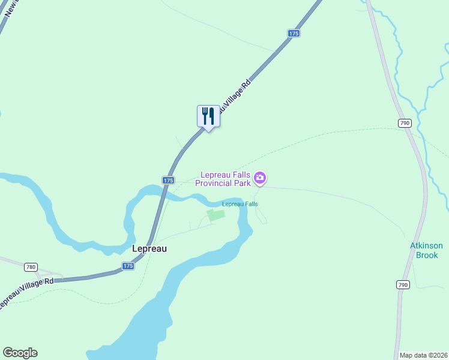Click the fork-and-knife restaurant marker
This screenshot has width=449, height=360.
point(208,116)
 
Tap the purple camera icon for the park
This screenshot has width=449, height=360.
point(260,177)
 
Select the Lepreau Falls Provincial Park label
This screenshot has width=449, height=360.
point(224,179)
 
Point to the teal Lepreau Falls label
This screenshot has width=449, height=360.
point(240,204)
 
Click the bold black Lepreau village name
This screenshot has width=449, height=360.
point(149,248)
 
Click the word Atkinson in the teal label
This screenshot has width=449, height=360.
point(426,246)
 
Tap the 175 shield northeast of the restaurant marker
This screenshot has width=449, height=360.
point(293,34)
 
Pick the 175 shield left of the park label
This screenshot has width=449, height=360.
point(168,180)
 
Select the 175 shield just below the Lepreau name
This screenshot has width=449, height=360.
point(127,266)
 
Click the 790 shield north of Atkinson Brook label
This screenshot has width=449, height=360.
point(404,123)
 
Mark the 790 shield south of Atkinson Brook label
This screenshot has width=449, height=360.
point(402,285)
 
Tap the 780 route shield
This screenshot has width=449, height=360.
point(31,266)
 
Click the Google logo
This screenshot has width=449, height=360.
point(20,353)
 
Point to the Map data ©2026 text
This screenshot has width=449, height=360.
point(424,355)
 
